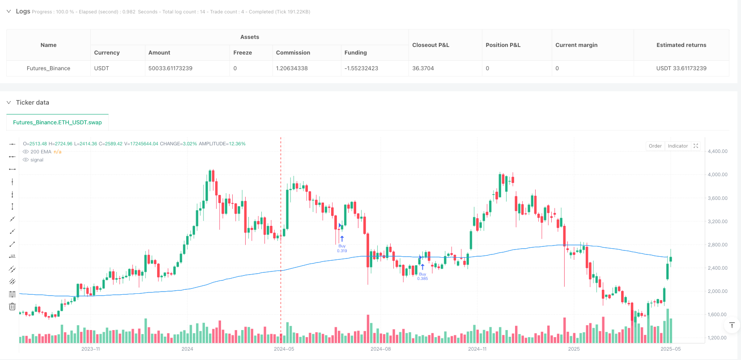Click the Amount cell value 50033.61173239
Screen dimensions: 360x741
click(x=170, y=68)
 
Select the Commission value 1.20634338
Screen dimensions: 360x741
click(x=292, y=68)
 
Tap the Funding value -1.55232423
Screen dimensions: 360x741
click(x=361, y=68)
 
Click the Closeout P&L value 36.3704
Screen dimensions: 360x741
click(x=423, y=68)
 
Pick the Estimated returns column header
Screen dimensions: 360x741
click(x=681, y=45)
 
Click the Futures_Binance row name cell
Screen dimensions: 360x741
click(x=48, y=68)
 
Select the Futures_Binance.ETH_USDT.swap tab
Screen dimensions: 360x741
click(x=57, y=122)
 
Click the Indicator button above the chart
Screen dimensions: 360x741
click(x=677, y=146)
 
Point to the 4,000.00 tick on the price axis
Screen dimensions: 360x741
click(x=717, y=175)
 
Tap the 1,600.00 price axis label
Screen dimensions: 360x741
click(x=717, y=314)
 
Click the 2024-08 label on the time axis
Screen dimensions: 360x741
click(x=381, y=349)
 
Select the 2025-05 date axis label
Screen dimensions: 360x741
click(x=670, y=349)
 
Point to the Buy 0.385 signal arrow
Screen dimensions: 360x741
click(x=422, y=267)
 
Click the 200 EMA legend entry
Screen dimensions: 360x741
click(x=41, y=152)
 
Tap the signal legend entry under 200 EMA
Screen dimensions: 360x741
click(x=37, y=160)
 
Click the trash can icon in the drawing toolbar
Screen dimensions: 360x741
click(x=12, y=307)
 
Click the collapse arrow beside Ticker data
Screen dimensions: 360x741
click(x=9, y=102)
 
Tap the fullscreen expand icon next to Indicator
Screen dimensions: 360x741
click(x=696, y=146)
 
